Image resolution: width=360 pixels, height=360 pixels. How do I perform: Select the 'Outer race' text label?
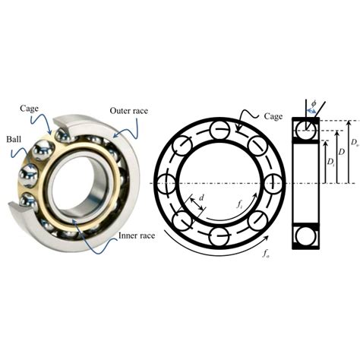click(x=129, y=111)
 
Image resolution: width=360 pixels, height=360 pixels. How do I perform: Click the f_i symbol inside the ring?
click(x=238, y=204)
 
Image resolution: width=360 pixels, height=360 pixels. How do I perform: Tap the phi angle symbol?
click(x=314, y=104)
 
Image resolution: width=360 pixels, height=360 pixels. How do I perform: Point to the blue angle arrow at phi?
click(x=311, y=114)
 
